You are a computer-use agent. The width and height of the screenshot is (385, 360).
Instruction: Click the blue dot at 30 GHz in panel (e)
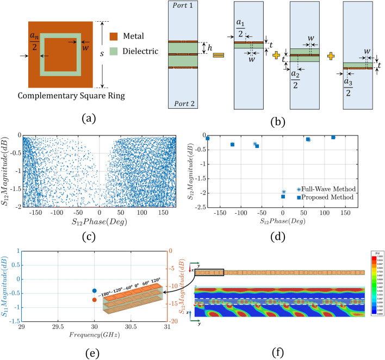point(95,291)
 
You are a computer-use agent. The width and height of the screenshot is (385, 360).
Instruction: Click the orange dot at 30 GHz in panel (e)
point(95,300)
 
